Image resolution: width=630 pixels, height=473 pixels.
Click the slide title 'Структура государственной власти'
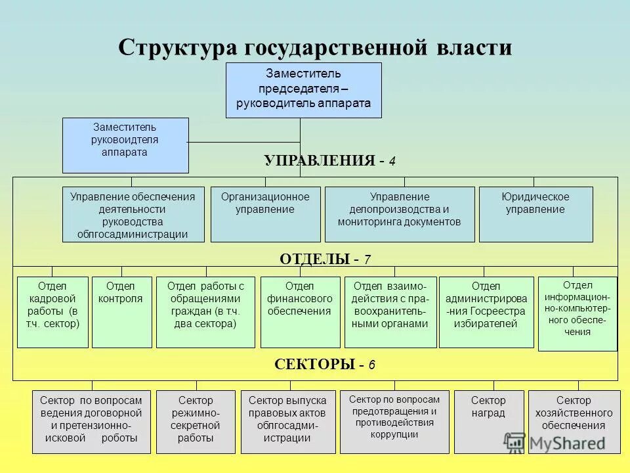pyautogui.click(x=315, y=48)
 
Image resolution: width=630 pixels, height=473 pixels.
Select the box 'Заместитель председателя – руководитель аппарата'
pyautogui.click(x=303, y=90)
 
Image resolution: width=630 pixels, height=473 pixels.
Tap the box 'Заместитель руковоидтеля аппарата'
pyautogui.click(x=125, y=145)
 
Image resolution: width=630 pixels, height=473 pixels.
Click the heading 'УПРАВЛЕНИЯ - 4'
pyautogui.click(x=329, y=161)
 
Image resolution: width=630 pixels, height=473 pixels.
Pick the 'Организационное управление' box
pyautogui.click(x=265, y=214)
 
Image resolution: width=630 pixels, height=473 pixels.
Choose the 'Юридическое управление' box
pyautogui.click(x=535, y=214)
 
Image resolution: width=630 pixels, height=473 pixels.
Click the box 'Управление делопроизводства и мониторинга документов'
pyautogui.click(x=399, y=214)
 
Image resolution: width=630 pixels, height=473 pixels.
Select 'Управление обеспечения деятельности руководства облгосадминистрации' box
pyautogui.click(x=133, y=214)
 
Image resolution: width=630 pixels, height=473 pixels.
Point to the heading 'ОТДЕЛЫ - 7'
pyautogui.click(x=325, y=259)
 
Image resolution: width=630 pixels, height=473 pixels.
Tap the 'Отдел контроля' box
pyautogui.click(x=121, y=312)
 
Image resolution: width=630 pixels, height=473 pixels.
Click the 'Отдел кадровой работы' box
pyautogui.click(x=52, y=312)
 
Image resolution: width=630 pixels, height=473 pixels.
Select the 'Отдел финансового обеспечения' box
pyautogui.click(x=299, y=312)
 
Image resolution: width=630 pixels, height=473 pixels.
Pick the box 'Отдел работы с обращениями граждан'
pyautogui.click(x=205, y=312)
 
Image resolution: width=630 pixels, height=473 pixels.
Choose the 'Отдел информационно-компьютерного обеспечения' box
pyautogui.click(x=577, y=313)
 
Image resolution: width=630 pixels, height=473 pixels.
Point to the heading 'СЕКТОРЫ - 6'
pyautogui.click(x=325, y=365)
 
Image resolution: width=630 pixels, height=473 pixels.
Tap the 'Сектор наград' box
pyautogui.click(x=489, y=422)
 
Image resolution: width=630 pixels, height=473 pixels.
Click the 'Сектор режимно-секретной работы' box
pyautogui.click(x=196, y=422)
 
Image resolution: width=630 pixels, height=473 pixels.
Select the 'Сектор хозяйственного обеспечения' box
pyautogui.click(x=574, y=422)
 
